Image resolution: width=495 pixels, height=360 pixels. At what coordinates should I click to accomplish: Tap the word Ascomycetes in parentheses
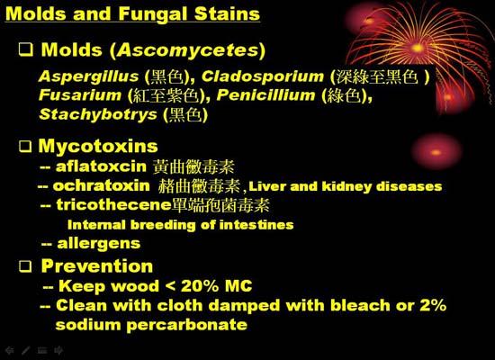188,50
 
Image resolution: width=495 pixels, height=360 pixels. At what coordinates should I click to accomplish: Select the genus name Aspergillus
88,76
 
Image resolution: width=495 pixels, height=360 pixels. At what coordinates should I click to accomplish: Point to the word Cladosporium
263,76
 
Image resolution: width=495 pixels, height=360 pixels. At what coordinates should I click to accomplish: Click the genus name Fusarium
80,94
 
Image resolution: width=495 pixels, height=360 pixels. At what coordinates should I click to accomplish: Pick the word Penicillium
265,94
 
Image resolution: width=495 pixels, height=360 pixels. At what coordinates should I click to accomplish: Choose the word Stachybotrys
98,114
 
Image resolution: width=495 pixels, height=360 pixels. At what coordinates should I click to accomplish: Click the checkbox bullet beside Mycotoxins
25,146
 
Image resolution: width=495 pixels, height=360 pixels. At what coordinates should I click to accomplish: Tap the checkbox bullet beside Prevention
25,266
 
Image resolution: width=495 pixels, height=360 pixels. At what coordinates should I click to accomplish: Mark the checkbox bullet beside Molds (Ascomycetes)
26,49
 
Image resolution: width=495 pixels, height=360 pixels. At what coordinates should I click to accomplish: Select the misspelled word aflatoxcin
101,166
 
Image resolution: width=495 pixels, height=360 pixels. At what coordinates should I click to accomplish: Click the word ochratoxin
101,185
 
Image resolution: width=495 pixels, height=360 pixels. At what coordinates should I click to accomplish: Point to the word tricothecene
113,204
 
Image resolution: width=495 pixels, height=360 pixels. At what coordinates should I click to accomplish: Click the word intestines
256,225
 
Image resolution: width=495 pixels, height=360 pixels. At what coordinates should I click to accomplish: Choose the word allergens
99,244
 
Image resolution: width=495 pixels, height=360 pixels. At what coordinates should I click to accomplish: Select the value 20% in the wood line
200,286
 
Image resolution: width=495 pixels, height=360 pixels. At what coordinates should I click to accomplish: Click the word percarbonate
186,325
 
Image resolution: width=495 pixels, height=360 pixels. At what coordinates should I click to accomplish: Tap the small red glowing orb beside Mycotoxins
436,152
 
